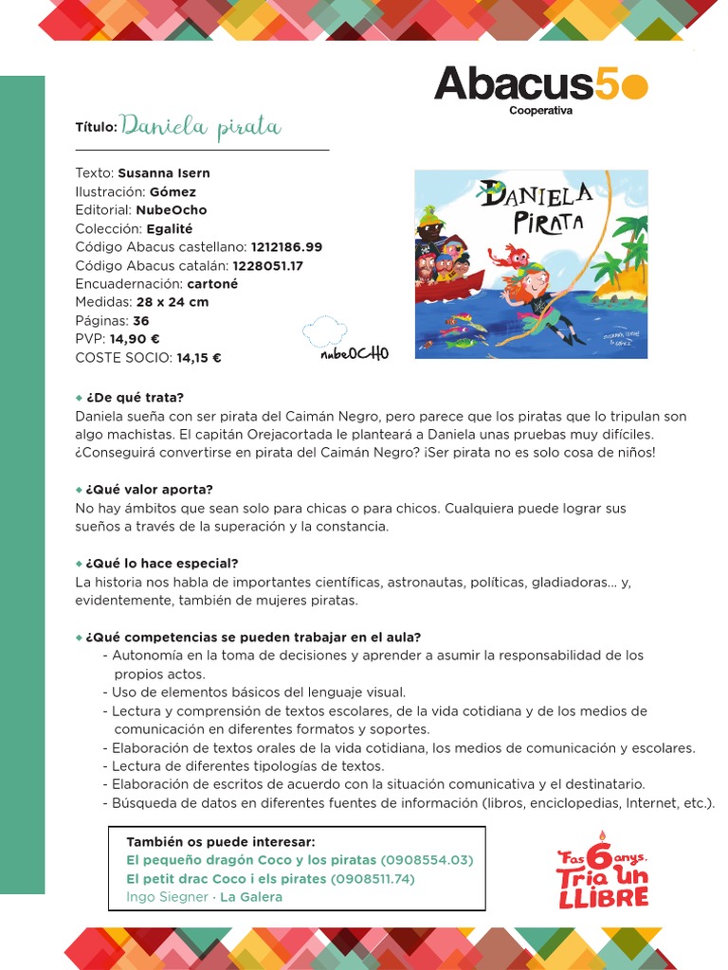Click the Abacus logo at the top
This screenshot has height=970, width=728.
point(540,87)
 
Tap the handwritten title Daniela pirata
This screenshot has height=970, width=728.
point(201,127)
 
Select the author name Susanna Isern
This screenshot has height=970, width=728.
point(164,173)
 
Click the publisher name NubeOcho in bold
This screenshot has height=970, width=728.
point(171,210)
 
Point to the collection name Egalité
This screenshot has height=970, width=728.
point(170,228)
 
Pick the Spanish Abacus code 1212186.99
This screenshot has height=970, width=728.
point(286,247)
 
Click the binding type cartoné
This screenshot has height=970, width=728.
point(213,284)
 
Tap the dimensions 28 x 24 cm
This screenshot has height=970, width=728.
point(173,302)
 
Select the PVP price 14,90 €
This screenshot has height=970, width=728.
point(135,339)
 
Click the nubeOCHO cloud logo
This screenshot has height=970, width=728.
point(345,340)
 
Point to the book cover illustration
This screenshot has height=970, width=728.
point(531,264)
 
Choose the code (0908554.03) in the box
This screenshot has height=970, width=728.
point(427,860)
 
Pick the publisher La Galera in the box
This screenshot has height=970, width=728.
point(251,897)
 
